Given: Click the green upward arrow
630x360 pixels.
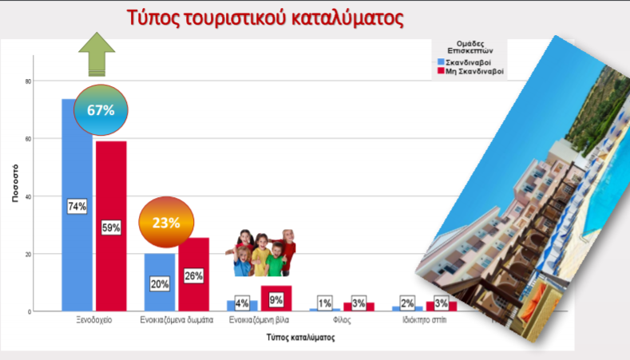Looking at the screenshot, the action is point(97,54).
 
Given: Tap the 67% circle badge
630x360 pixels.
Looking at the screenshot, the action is point(101,109).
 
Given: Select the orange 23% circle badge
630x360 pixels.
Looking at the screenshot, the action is point(166,222).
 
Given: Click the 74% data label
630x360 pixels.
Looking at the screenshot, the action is point(77,206).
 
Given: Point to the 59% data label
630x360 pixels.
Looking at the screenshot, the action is point(111,227).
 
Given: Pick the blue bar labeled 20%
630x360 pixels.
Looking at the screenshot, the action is point(160,282).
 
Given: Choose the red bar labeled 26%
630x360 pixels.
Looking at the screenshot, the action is point(194,275).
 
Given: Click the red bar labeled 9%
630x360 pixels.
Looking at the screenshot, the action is point(276,298).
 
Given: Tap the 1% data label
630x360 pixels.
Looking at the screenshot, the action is point(325,303).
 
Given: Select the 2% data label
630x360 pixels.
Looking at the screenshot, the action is point(407,303).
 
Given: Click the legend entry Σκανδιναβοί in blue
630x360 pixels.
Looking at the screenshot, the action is point(464,62).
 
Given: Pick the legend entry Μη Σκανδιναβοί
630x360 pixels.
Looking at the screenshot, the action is point(470,71).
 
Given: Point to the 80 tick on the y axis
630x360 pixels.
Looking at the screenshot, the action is point(28,81).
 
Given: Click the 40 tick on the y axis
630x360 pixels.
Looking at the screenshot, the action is point(28,196).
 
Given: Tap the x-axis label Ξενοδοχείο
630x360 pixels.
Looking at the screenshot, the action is point(94,320).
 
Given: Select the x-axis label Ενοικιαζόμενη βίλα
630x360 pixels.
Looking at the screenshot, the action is point(259,320).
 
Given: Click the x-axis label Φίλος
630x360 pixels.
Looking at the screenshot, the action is point(342,320).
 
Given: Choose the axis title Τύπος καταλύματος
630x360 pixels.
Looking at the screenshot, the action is point(300,337).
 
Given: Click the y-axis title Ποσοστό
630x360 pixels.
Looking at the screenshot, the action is point(15,183).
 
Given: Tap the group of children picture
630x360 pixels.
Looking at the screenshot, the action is point(260,253).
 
